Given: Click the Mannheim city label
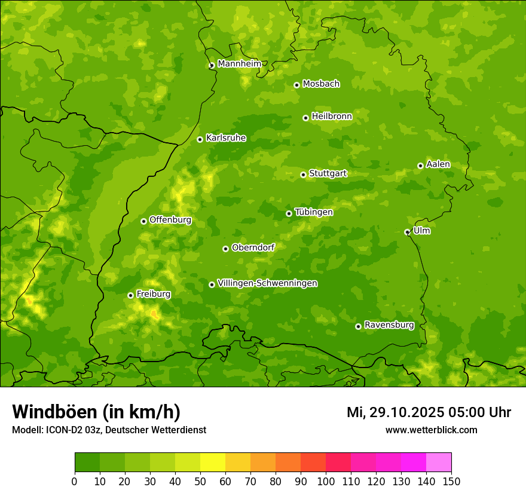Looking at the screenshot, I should [239, 64].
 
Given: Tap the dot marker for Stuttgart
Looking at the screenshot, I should [303, 174].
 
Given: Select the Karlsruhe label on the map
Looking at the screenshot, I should [226, 138].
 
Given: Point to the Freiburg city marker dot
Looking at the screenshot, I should [130, 295].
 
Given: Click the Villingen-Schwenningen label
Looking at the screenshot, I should [267, 283].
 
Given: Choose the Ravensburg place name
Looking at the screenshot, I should [389, 325].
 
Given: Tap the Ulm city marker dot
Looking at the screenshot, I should [407, 232].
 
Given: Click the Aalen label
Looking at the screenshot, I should [438, 164].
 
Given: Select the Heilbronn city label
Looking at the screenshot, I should [332, 117].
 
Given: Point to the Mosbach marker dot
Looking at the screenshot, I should [296, 85].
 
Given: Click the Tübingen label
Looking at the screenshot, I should [314, 212].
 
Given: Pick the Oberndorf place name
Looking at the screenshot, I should [253, 247].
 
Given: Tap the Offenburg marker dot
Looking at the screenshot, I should [143, 221].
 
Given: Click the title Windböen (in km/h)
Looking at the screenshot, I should [96, 412].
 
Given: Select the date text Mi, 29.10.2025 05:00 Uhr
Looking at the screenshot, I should [429, 412].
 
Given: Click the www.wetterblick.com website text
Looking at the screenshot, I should [431, 430].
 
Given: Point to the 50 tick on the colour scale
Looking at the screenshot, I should [200, 481].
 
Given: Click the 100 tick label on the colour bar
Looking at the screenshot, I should [326, 481].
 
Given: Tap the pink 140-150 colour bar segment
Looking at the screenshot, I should [439, 463].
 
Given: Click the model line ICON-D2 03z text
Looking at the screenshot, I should [109, 430].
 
